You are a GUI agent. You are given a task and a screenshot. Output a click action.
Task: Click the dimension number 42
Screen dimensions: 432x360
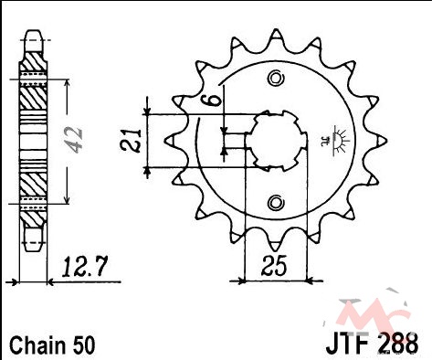[x=75, y=140]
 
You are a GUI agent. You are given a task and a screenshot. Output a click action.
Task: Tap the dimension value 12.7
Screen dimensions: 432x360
[x=85, y=267]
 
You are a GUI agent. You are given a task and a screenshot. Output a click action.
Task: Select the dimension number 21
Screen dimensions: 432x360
[x=131, y=141]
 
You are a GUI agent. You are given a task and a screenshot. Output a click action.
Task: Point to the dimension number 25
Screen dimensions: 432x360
[x=274, y=265]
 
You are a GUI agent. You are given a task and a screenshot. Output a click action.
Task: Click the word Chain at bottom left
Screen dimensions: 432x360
[x=37, y=344]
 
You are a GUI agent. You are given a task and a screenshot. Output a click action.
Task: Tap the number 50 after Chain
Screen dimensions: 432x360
[x=83, y=345]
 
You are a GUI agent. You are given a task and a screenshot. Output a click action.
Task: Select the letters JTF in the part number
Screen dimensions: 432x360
[x=349, y=344]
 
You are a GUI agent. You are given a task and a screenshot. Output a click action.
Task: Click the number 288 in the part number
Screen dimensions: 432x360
[x=398, y=344]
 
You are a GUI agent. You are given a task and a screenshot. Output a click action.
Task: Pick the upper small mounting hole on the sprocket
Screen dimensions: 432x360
[x=276, y=79]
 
